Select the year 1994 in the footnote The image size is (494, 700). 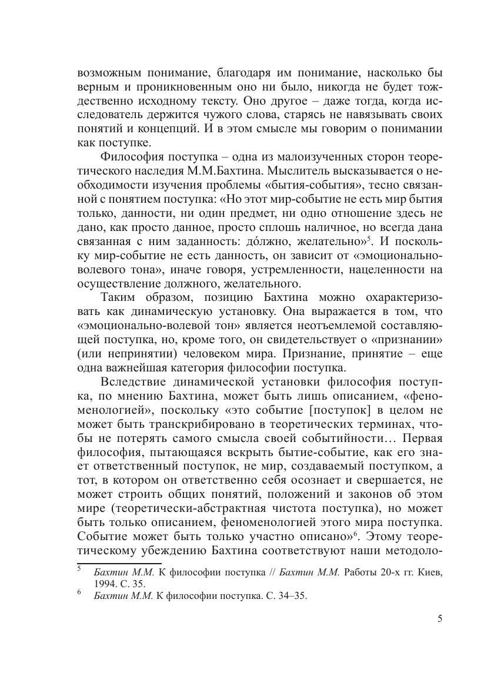pyautogui.click(x=104, y=582)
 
